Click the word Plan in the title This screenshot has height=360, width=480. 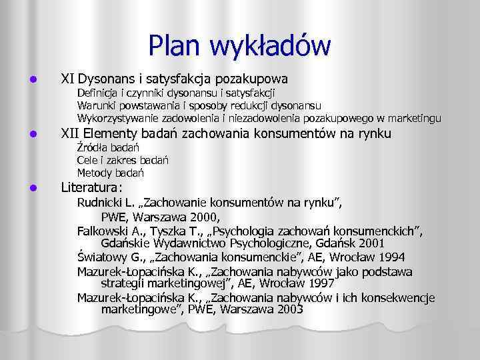pyautogui.click(x=177, y=45)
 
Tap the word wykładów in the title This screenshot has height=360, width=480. pyautogui.click(x=272, y=45)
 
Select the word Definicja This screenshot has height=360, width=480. pyautogui.click(x=100, y=93)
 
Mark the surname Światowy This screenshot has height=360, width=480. pyautogui.click(x=101, y=257)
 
